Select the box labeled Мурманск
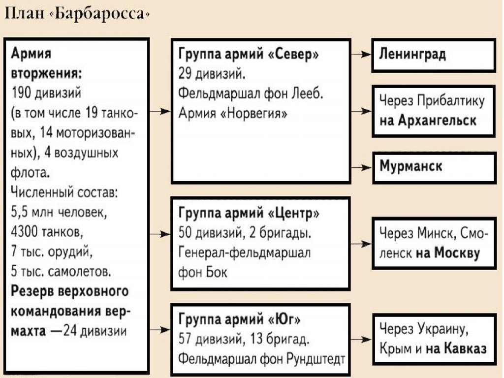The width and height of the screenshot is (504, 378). click(434, 167)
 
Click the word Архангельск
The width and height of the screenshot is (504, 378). click(428, 121)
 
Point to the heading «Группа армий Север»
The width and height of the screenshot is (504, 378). click(248, 55)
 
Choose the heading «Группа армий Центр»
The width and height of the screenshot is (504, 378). click(249, 214)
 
